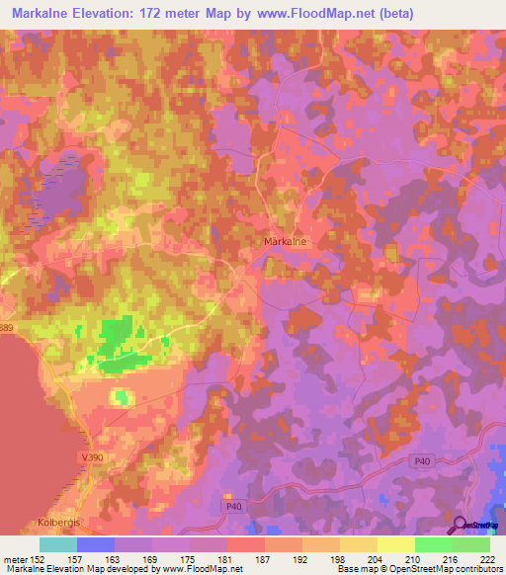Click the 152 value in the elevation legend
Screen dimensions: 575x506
pyautogui.click(x=41, y=558)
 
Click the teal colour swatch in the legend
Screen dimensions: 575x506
pyautogui.click(x=58, y=544)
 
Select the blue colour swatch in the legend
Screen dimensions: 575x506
pyautogui.click(x=96, y=544)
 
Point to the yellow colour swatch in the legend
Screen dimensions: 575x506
pyautogui.click(x=395, y=544)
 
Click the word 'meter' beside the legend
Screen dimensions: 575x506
pyautogui.click(x=15, y=558)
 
